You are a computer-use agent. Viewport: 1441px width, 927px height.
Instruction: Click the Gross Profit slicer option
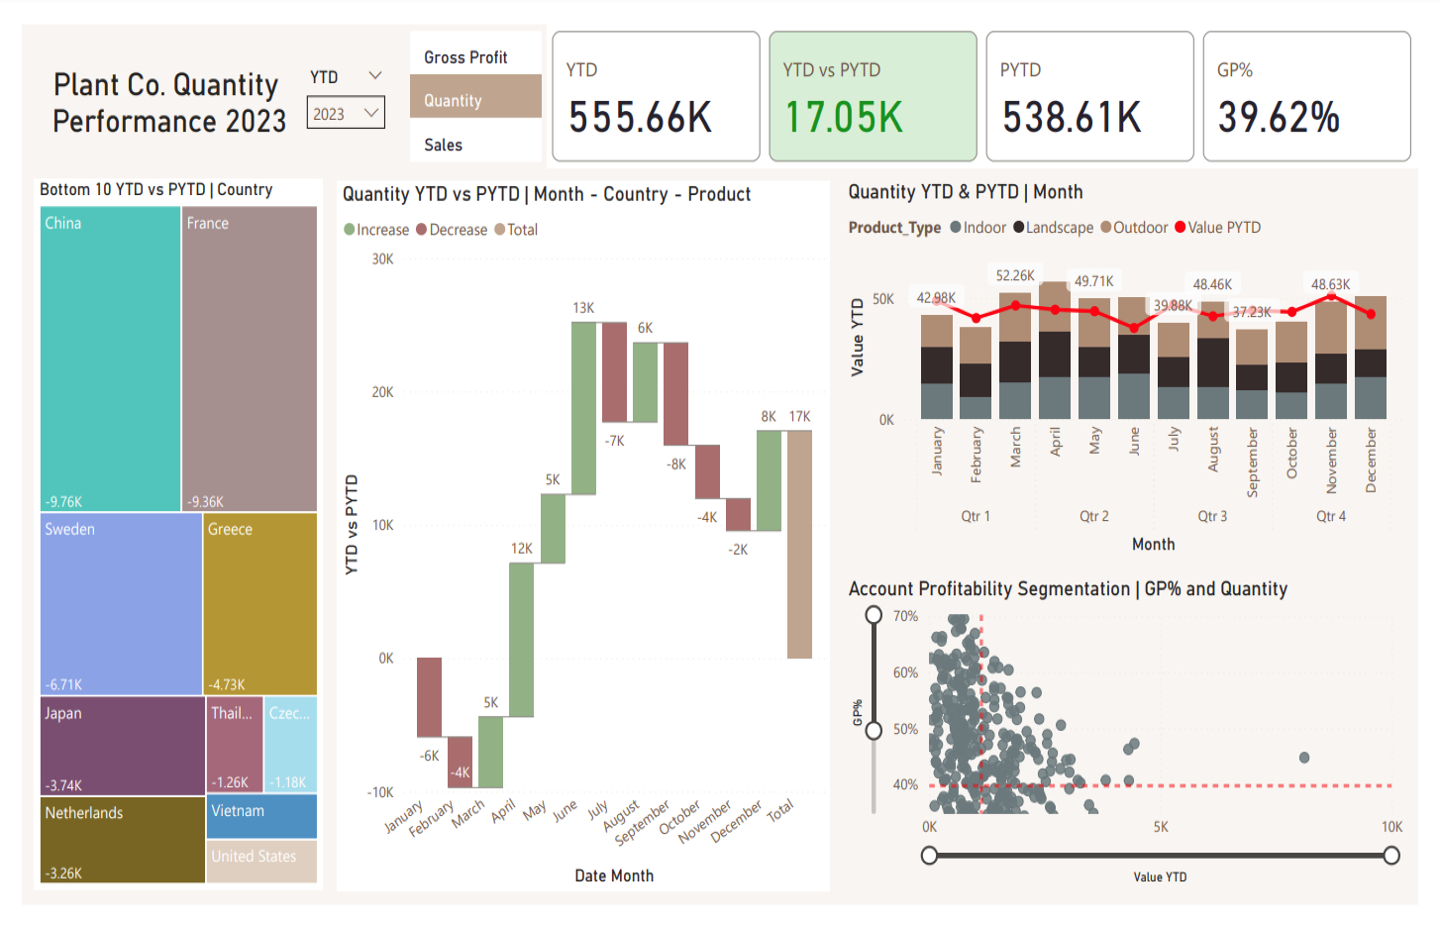pos(465,57)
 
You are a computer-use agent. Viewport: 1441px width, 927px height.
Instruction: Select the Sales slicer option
pos(443,145)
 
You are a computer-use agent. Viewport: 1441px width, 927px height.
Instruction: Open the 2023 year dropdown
pos(346,114)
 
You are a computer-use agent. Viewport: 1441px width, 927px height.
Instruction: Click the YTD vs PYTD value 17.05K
pos(844,118)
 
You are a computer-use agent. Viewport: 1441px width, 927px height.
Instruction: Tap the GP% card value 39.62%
pos(1279,118)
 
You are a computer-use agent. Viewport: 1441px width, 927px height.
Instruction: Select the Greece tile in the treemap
pos(259,603)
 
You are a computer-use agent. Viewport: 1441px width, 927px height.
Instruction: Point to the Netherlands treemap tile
pos(122,840)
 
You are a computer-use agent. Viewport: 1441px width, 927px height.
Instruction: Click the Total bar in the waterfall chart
pos(799,544)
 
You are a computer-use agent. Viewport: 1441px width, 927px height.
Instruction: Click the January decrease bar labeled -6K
pos(429,697)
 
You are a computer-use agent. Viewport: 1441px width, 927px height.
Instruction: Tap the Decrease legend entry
pos(452,230)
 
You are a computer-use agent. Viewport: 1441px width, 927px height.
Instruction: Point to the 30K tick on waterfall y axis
pos(382,259)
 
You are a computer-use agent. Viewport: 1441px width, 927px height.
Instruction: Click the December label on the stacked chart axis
pos(1371,460)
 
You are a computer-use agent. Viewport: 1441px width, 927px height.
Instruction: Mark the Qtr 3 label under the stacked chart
pos(1212,516)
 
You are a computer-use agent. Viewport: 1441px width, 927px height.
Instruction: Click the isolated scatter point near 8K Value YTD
pos(1304,758)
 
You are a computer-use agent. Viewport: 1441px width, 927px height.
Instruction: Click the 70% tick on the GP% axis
pos(905,616)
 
